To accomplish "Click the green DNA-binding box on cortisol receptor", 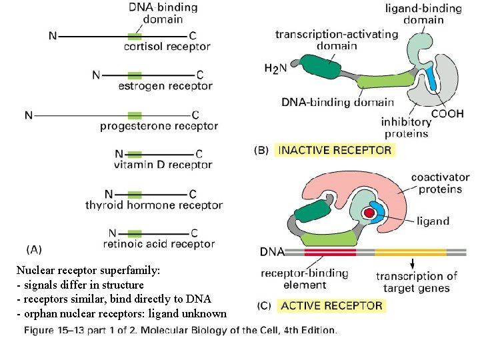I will coord(135,35).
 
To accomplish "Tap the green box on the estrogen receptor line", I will coord(135,75).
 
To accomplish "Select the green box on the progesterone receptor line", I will coord(135,115).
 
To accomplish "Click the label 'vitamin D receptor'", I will coord(163,165).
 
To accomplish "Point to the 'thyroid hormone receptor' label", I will coord(153,205).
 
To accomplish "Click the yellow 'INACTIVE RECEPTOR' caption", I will coord(335,150).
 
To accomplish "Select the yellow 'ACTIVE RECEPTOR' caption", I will coord(331,305).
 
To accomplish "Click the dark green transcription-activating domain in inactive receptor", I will coord(319,67).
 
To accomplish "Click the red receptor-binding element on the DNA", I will coord(330,253).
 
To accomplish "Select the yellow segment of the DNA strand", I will coord(410,253).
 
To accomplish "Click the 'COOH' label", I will coord(447,113).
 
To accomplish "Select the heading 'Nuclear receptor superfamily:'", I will coord(88,271).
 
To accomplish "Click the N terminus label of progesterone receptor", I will coord(29,115).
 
